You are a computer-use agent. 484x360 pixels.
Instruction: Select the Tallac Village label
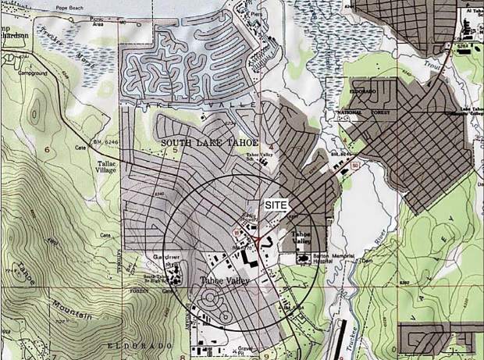[105, 166]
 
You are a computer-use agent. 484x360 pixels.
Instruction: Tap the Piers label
[255, 13]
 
